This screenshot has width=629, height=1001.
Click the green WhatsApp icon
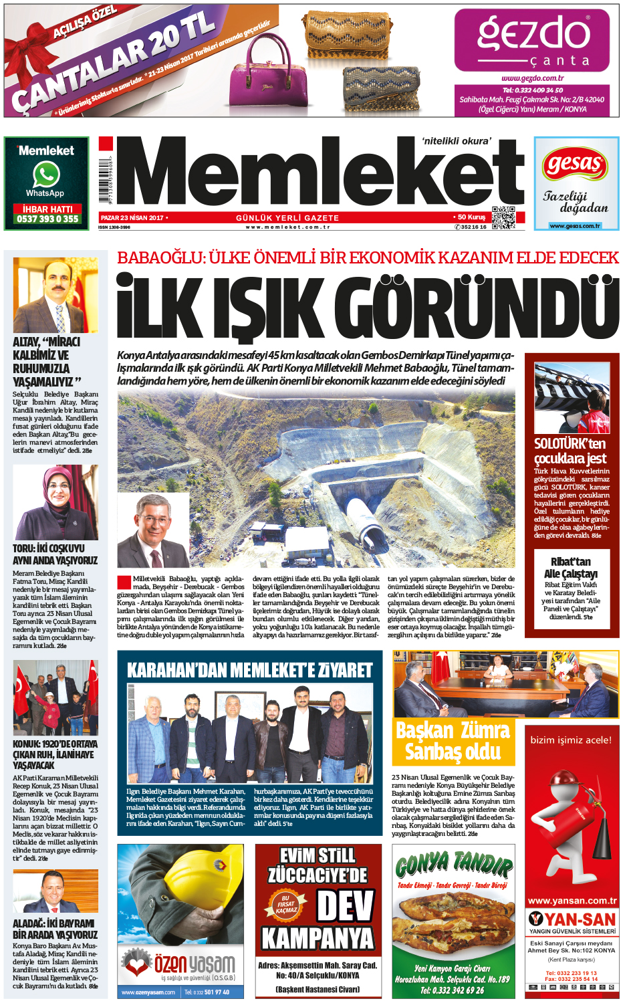point(46,175)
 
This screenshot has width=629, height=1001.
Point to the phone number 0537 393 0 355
point(47,219)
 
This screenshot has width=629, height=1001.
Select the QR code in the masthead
point(503,218)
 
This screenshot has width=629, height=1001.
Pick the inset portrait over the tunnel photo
point(152,531)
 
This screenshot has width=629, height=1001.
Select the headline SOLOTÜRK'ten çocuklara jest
point(570,451)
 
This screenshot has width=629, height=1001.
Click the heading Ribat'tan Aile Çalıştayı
point(571,568)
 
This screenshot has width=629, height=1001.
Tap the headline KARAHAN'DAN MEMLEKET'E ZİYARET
point(249,670)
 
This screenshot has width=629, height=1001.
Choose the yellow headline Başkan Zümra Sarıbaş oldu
point(453,741)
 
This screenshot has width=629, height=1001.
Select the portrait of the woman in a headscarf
point(55,502)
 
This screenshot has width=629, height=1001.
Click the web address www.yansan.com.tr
point(572,901)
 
